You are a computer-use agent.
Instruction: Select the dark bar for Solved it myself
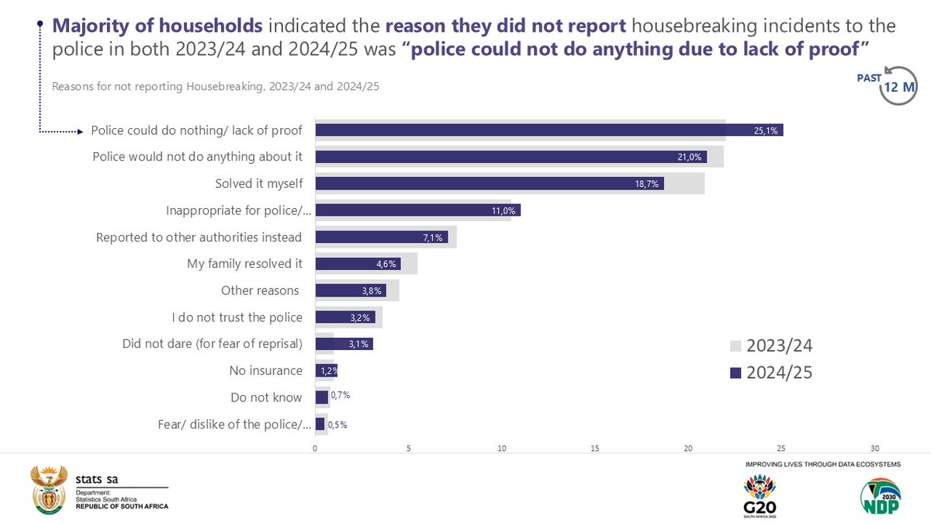(489, 184)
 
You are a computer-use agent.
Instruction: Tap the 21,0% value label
(689, 158)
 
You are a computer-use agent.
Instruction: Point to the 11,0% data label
(503, 210)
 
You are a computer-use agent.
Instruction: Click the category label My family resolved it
(244, 264)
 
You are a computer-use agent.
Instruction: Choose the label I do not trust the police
(237, 317)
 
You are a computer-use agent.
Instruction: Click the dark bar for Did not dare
(344, 344)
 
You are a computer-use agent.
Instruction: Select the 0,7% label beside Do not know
(341, 396)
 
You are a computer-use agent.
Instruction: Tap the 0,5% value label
(337, 425)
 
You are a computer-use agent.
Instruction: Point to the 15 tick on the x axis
(595, 449)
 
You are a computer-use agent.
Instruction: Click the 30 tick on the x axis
(875, 449)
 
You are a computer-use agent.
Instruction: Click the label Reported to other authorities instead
(199, 238)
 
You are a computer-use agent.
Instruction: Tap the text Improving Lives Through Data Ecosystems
(822, 463)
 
